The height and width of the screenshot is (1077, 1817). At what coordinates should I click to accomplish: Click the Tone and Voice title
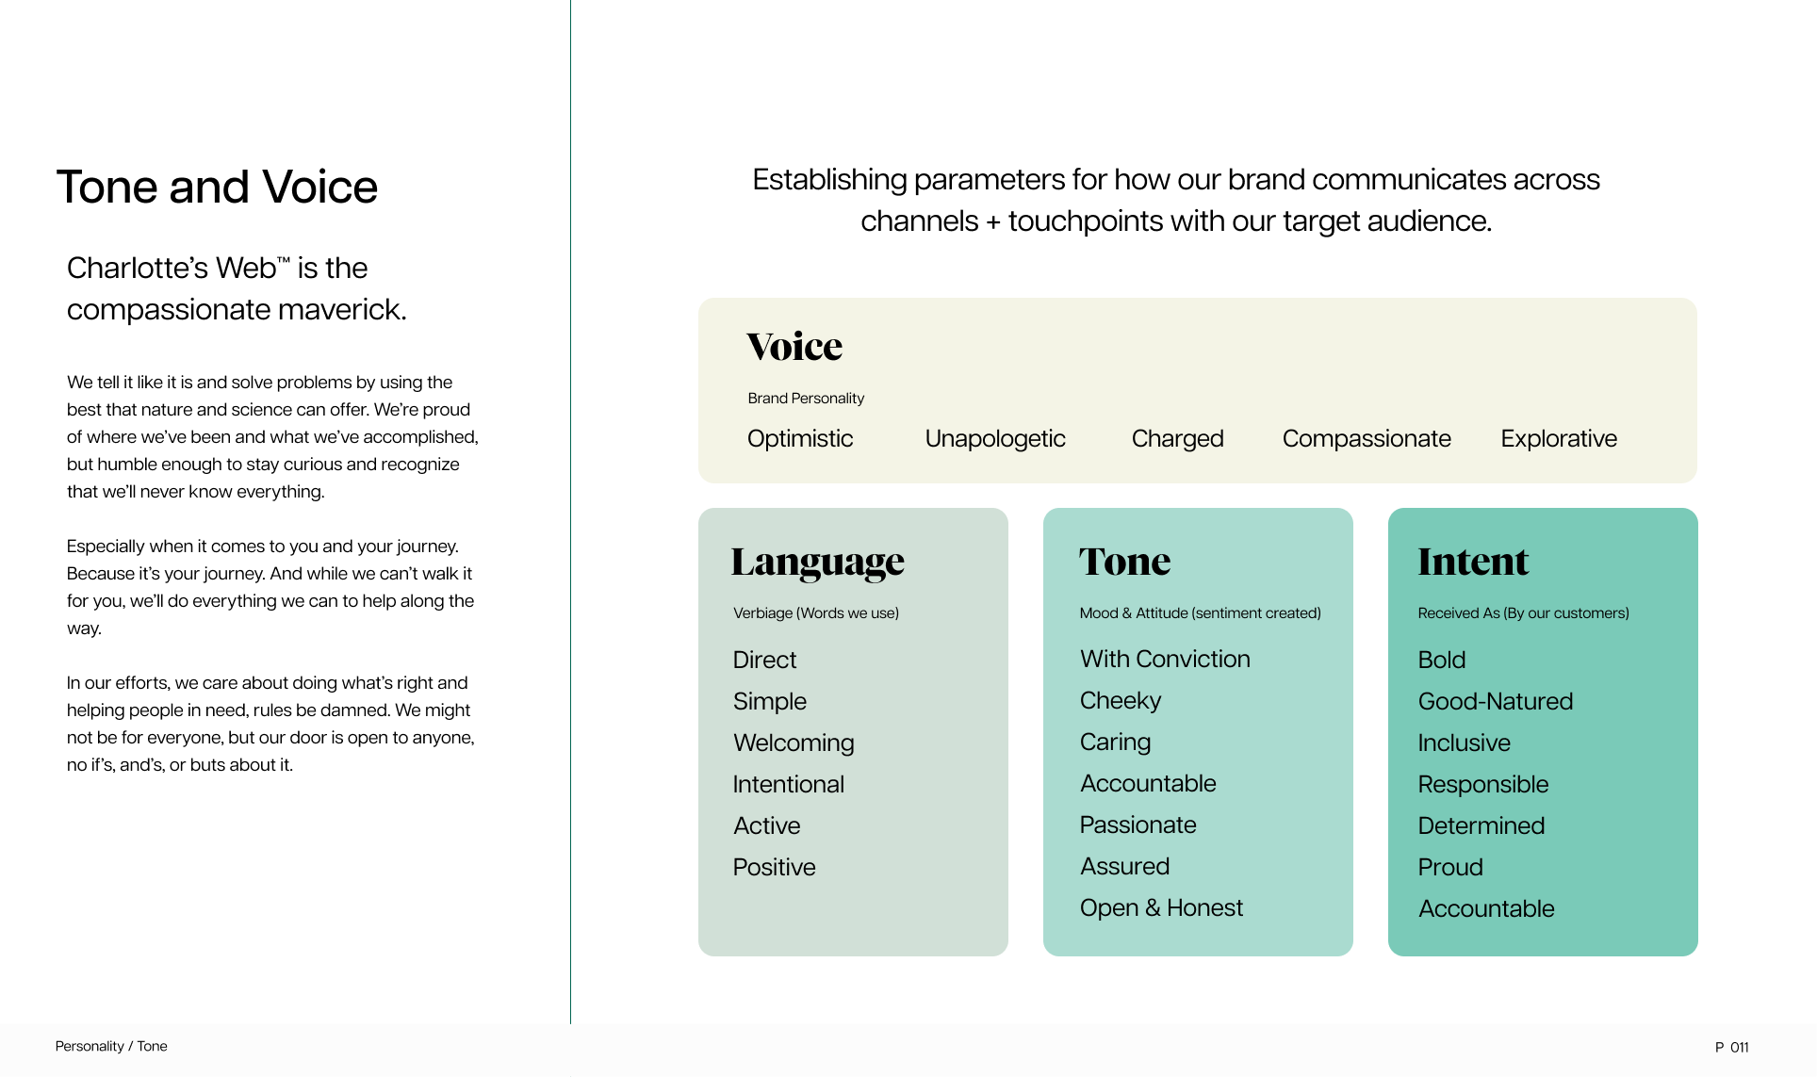(x=217, y=187)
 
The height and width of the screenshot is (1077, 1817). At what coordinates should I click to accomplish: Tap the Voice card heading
(x=794, y=347)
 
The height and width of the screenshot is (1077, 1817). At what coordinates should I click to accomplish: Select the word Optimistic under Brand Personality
(x=800, y=439)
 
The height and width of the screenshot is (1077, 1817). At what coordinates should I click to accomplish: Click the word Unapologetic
(x=995, y=439)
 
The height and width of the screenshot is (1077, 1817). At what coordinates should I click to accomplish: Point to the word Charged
(x=1177, y=439)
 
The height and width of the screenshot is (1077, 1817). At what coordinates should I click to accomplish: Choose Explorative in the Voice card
(x=1559, y=439)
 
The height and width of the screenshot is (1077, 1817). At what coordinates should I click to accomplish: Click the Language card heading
(x=817, y=563)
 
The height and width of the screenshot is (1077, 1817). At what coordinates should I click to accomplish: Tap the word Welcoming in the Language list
(x=794, y=743)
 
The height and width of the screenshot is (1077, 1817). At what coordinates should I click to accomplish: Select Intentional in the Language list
(x=788, y=785)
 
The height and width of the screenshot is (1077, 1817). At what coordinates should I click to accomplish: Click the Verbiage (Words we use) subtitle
(x=816, y=613)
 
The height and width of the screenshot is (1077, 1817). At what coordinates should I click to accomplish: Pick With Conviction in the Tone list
(x=1165, y=660)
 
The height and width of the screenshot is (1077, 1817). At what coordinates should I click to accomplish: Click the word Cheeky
(x=1121, y=701)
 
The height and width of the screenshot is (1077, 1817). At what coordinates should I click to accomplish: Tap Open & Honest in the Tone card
(x=1161, y=908)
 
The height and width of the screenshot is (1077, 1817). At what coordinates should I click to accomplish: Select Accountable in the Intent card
(x=1486, y=909)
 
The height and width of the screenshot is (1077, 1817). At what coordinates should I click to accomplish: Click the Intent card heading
(x=1473, y=562)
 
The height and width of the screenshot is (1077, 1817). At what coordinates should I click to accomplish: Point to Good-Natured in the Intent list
(x=1496, y=702)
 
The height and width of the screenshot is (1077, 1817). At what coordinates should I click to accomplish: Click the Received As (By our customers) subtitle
(x=1523, y=613)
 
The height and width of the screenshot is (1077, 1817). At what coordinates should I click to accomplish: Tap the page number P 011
(x=1732, y=1047)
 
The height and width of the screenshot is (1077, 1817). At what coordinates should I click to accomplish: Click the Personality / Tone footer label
(x=111, y=1046)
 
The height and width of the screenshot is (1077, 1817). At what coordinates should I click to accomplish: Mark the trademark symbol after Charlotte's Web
(x=284, y=260)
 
